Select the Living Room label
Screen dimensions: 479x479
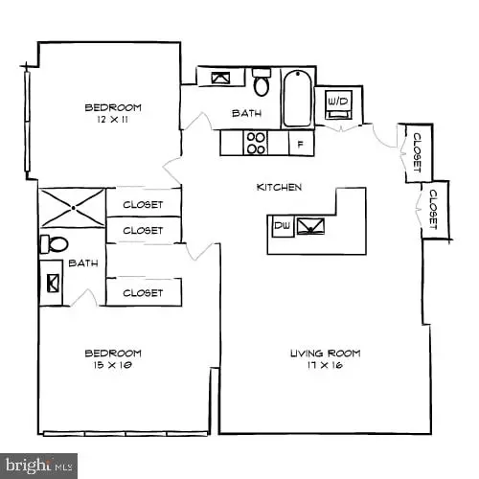pyautogui.click(x=325, y=354)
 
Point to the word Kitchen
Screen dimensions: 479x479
pyautogui.click(x=280, y=187)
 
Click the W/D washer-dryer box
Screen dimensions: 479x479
pyautogui.click(x=337, y=101)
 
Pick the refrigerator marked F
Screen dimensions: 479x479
pyautogui.click(x=301, y=144)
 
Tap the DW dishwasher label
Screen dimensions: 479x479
pyautogui.click(x=282, y=226)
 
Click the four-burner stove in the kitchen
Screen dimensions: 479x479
pyautogui.click(x=256, y=143)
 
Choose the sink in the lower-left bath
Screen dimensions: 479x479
pyautogui.click(x=52, y=284)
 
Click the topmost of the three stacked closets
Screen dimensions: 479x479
pyautogui.click(x=143, y=204)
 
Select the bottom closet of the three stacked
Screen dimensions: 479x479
pyautogui.click(x=143, y=292)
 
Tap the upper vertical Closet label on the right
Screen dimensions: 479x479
pyautogui.click(x=417, y=151)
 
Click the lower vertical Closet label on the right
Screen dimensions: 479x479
pyautogui.click(x=433, y=208)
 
